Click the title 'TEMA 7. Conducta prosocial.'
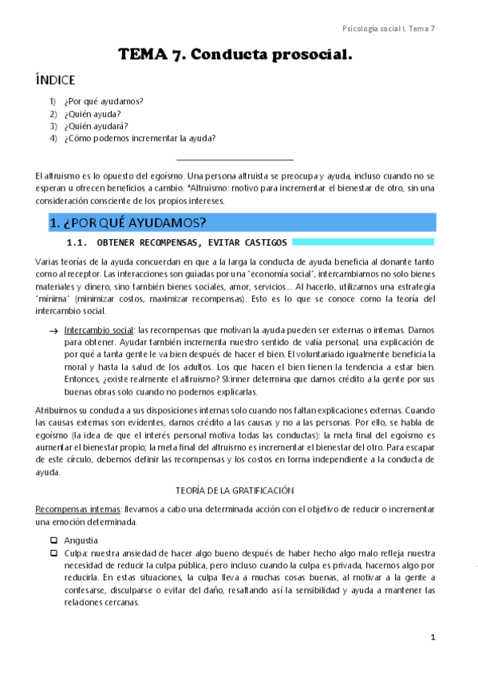click(235, 55)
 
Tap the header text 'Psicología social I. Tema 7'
click(388, 28)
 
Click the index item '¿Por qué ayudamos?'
click(109, 101)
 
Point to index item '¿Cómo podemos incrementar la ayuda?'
click(140, 138)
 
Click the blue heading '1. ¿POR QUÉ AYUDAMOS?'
click(128, 222)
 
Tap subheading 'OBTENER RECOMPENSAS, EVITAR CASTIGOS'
click(192, 242)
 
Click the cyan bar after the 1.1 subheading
click(363, 242)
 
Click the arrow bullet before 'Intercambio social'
click(53, 329)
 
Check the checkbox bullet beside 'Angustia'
click(53, 540)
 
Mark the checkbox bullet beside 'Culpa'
click(53, 552)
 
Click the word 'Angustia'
click(81, 540)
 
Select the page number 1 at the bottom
click(433, 637)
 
